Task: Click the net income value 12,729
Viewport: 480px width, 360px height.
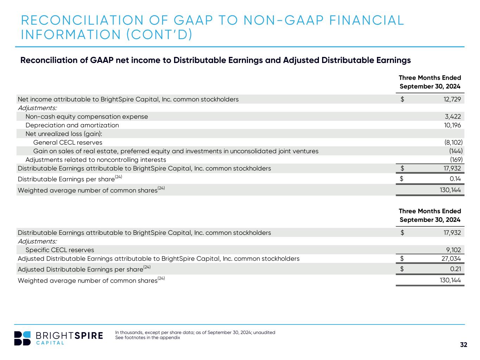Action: [452, 99]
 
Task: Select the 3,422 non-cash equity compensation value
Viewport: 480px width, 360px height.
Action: [453, 116]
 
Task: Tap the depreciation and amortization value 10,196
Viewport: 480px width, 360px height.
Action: [453, 125]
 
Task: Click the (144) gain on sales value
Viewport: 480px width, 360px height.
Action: [456, 151]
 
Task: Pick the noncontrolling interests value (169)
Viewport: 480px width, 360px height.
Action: [456, 160]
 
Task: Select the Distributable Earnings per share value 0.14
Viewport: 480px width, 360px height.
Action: [455, 179]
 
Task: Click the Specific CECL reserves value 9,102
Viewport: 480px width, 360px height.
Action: [453, 250]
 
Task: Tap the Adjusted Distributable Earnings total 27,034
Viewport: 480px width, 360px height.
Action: [452, 259]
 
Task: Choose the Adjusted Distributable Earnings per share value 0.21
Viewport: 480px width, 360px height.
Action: [455, 269]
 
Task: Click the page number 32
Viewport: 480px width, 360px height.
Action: [464, 345]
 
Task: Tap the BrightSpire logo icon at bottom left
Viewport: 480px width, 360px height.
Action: [23, 338]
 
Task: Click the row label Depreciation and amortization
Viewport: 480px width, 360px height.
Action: [72, 125]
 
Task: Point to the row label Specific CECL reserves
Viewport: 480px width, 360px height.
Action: [60, 250]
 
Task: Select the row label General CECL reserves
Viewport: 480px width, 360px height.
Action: [68, 142]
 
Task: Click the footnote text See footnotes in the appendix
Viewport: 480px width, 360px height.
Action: [148, 338]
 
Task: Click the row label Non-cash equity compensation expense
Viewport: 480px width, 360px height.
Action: [87, 116]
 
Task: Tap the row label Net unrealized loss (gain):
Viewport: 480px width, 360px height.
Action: [64, 134]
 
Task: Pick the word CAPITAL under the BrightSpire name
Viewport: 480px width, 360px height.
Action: [50, 343]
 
